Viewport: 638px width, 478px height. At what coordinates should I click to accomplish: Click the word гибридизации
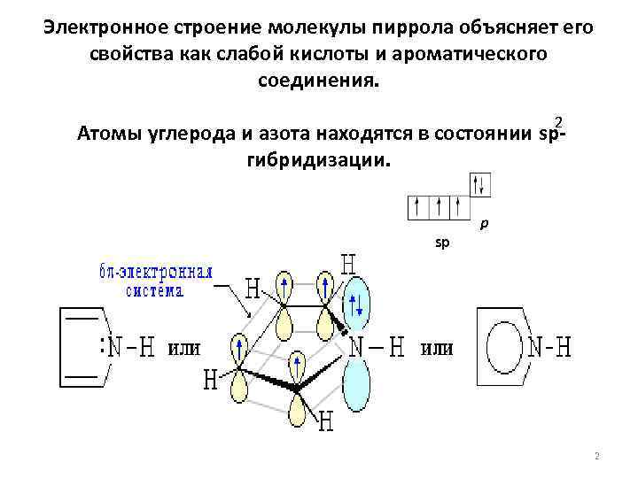click(x=315, y=160)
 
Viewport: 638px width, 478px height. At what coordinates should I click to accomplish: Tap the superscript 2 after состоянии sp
click(x=557, y=121)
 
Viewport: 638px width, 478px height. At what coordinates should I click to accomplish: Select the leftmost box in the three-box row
click(x=417, y=207)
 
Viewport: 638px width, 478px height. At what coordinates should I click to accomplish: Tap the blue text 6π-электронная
click(x=156, y=273)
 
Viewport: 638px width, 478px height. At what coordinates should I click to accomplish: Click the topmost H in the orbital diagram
click(x=349, y=264)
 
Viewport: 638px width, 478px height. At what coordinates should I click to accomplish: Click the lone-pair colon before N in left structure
click(x=105, y=348)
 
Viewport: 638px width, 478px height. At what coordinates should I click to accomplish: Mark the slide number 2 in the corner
click(x=597, y=457)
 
